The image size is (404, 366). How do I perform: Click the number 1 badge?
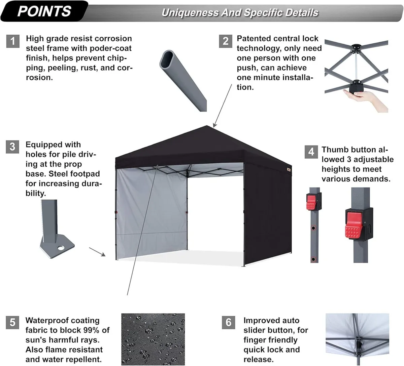(x=13, y=41)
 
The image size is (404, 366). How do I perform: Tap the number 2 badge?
(x=226, y=41)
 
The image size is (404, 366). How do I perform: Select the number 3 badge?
(x=12, y=147)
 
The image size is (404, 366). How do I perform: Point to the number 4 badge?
(x=311, y=152)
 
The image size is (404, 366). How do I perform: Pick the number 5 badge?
(x=12, y=322)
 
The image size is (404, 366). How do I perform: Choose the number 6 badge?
(x=229, y=322)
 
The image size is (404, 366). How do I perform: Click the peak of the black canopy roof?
(x=207, y=126)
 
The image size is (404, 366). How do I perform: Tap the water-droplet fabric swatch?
(x=153, y=339)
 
